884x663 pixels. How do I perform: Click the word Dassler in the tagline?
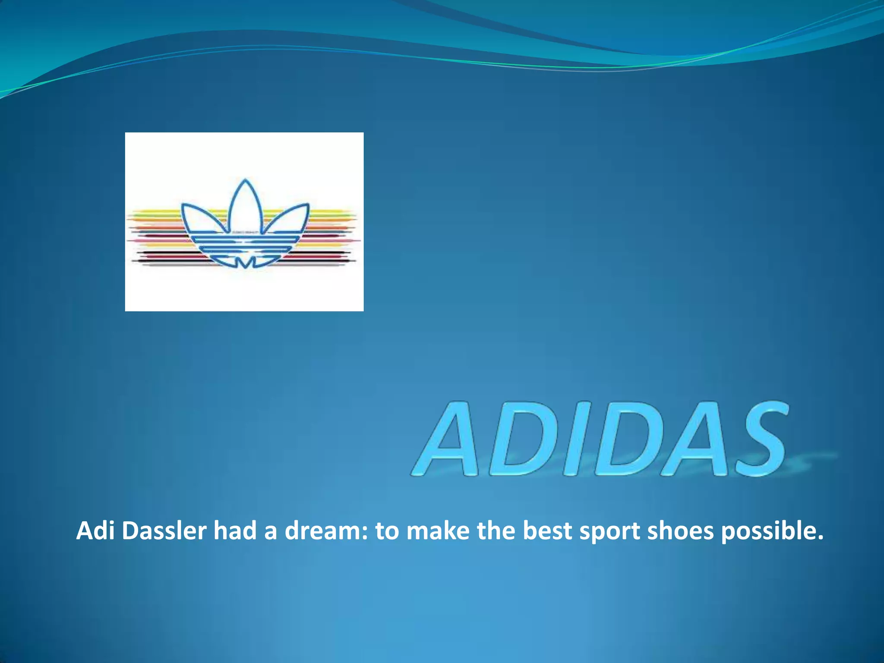click(x=164, y=530)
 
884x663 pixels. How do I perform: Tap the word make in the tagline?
click(x=438, y=530)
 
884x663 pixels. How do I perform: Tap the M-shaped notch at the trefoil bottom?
click(x=245, y=262)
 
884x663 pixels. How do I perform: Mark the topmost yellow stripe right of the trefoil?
click(x=332, y=211)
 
